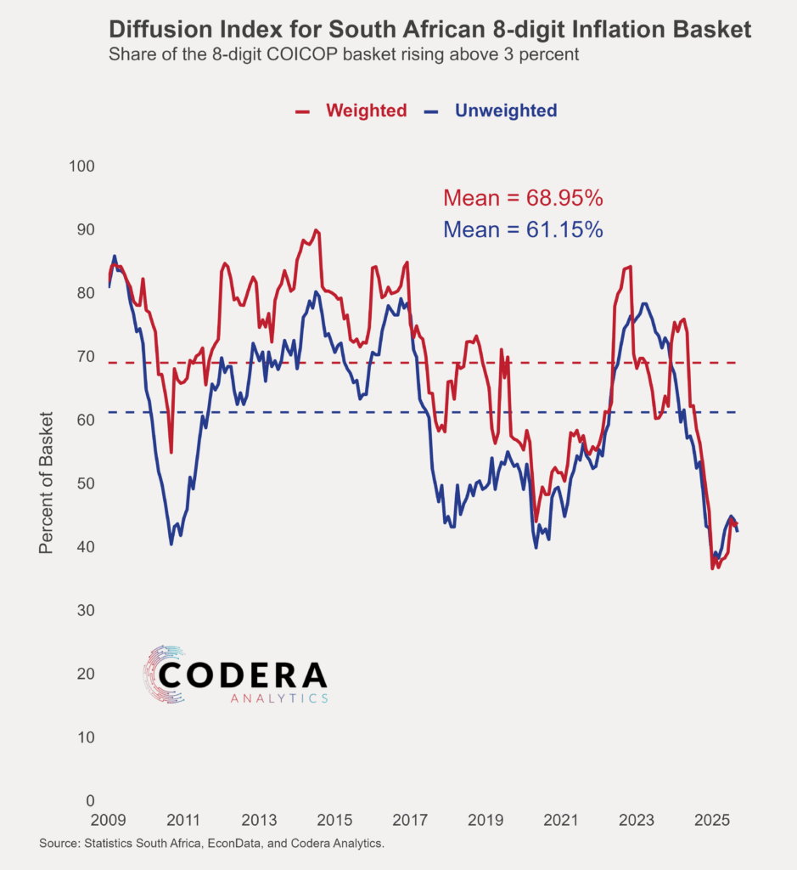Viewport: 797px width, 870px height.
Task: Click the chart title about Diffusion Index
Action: click(x=430, y=30)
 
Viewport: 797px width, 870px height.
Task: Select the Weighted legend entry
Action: click(x=366, y=110)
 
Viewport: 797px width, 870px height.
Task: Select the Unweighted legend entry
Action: click(x=506, y=110)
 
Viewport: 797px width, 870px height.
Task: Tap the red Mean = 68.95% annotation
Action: click(x=523, y=199)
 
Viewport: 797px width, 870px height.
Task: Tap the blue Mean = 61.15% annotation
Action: click(x=523, y=229)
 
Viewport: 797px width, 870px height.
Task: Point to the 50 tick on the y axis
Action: click(x=85, y=483)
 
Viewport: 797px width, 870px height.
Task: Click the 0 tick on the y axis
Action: click(x=89, y=800)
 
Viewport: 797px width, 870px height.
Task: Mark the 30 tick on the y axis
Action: click(x=85, y=610)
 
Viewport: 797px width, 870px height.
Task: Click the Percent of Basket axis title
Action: click(x=47, y=483)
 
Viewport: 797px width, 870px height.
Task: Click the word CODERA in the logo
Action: click(x=243, y=675)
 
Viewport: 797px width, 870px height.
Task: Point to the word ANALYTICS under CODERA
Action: click(x=279, y=698)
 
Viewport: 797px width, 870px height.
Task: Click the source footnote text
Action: click(x=211, y=844)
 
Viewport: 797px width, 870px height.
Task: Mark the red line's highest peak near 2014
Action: click(x=316, y=230)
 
